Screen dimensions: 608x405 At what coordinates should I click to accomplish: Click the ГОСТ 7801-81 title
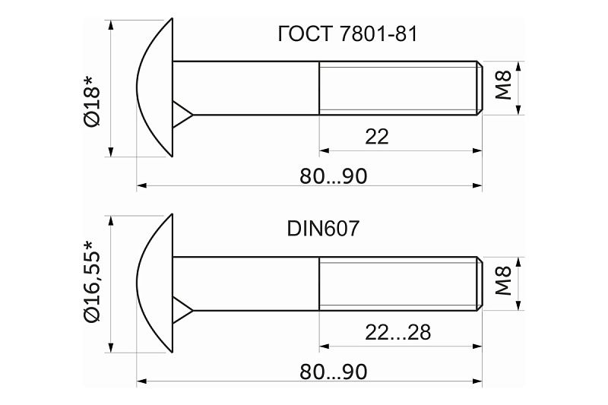coord(347,34)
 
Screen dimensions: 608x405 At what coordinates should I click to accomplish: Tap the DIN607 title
coord(323,229)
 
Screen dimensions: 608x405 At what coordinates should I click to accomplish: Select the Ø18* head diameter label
coord(92,102)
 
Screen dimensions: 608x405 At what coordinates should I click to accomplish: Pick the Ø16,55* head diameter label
coord(92,282)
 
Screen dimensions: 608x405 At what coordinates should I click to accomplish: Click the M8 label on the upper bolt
coord(503,86)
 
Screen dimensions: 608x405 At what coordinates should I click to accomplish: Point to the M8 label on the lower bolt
coord(503,281)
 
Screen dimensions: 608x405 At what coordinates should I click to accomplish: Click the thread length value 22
coord(376,137)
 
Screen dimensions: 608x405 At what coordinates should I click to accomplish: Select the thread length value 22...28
coord(397,332)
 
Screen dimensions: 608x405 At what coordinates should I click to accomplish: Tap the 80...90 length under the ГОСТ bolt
coord(333,176)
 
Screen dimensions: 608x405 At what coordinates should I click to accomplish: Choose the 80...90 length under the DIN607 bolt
coord(333,372)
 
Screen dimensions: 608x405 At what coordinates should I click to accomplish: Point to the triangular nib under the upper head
coord(182,114)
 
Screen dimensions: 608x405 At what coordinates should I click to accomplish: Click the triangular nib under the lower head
coord(182,310)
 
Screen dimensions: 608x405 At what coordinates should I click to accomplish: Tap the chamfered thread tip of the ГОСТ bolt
coord(480,88)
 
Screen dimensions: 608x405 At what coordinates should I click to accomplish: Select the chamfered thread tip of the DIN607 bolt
coord(480,283)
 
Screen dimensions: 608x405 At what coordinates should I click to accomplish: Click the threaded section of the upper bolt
coord(397,88)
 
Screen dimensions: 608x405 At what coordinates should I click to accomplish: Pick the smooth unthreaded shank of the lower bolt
coord(245,283)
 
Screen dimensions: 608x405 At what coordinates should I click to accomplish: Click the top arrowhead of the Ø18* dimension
coord(111,24)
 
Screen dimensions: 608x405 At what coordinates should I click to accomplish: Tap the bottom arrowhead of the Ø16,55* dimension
coord(111,347)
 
